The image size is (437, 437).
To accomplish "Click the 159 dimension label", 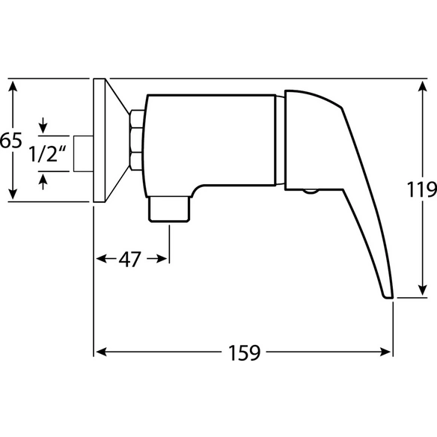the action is tap(245, 353).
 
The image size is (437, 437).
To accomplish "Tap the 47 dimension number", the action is tap(130, 260).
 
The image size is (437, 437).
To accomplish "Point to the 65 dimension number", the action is tap(11, 140).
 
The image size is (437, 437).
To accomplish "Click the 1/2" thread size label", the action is tap(48, 154).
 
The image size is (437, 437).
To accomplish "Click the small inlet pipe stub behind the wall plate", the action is tap(83, 153).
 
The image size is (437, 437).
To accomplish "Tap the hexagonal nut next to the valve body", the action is tap(136, 140).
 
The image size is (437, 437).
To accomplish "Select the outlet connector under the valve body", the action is tap(169, 209).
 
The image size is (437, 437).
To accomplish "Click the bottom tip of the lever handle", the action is tap(388, 297).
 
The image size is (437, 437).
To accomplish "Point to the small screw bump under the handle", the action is tap(311, 192).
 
